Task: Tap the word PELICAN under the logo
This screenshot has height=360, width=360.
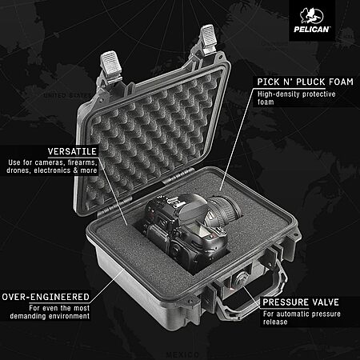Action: pyautogui.click(x=311, y=29)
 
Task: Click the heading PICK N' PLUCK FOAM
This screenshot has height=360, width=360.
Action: pyautogui.click(x=306, y=82)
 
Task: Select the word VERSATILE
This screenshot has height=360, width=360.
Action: pyautogui.click(x=72, y=151)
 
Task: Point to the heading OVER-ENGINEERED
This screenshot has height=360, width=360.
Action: pyautogui.click(x=46, y=297)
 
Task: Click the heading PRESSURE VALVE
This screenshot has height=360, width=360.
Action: pyautogui.click(x=301, y=302)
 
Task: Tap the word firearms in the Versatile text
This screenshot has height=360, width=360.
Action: pyautogui.click(x=82, y=162)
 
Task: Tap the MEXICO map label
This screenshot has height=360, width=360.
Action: pyautogui.click(x=182, y=354)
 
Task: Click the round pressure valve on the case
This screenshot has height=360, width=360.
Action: pyautogui.click(x=241, y=278)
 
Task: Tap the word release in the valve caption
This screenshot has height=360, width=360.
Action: pyautogui.click(x=275, y=322)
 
